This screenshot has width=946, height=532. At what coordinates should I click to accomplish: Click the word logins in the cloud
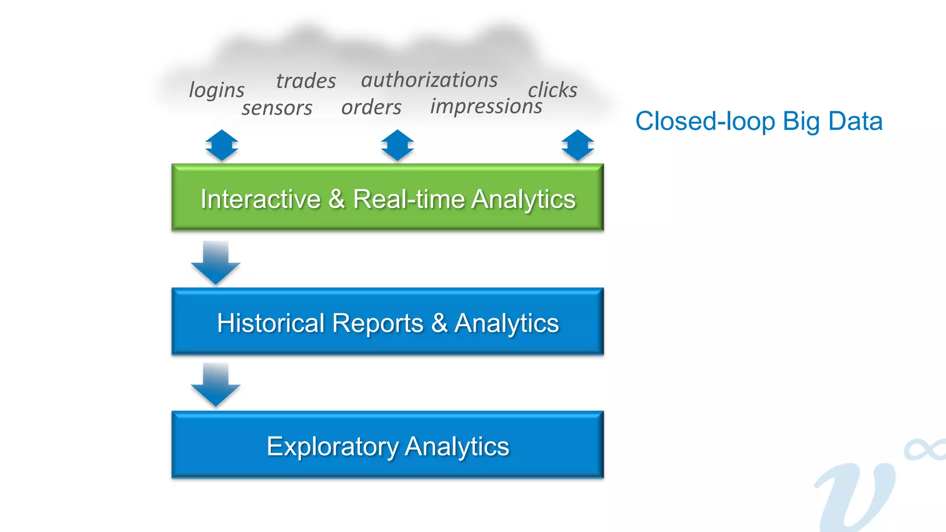pyautogui.click(x=217, y=90)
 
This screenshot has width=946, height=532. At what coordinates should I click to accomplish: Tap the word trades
pyautogui.click(x=306, y=81)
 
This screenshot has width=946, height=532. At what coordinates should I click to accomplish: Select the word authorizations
pyautogui.click(x=429, y=80)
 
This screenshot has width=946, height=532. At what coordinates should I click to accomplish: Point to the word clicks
pyautogui.click(x=552, y=90)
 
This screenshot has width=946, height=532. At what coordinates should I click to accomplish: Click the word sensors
pyautogui.click(x=277, y=108)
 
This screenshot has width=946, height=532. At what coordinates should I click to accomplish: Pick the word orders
pyautogui.click(x=371, y=107)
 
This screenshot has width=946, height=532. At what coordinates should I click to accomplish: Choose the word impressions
pyautogui.click(x=486, y=106)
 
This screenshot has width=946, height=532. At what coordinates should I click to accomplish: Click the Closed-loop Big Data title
pyautogui.click(x=758, y=121)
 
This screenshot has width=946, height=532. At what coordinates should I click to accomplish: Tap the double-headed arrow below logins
pyautogui.click(x=222, y=145)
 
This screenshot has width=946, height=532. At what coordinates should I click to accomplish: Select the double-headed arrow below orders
pyautogui.click(x=397, y=145)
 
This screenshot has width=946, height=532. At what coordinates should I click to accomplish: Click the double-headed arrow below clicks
pyautogui.click(x=577, y=145)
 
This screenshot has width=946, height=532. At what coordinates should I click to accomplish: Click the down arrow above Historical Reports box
pyautogui.click(x=216, y=262)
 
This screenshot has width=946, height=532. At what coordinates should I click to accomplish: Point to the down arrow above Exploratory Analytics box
pyautogui.click(x=216, y=385)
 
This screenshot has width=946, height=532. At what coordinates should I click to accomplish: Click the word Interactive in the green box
pyautogui.click(x=261, y=199)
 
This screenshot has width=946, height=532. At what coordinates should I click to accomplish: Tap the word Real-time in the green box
pyautogui.click(x=408, y=199)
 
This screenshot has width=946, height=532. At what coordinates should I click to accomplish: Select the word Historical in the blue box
pyautogui.click(x=271, y=323)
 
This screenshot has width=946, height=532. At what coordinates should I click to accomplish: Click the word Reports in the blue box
pyautogui.click(x=377, y=323)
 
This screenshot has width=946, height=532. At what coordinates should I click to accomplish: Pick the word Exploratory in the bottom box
pyautogui.click(x=333, y=447)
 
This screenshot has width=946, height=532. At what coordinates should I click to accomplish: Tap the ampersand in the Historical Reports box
pyautogui.click(x=439, y=323)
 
